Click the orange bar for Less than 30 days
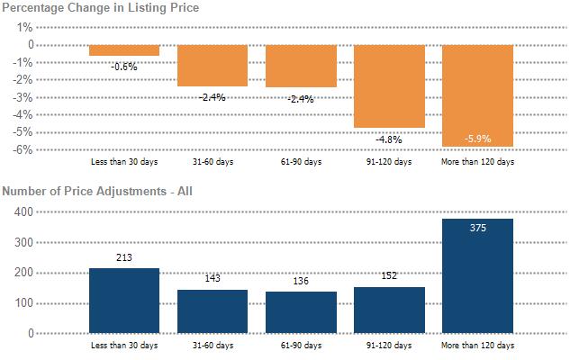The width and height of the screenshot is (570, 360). click(124, 50)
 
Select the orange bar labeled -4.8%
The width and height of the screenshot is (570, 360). click(389, 86)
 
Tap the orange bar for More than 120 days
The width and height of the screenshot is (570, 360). click(477, 95)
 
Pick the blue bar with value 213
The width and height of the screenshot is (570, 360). click(124, 301)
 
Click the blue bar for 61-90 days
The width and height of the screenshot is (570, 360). click(301, 312)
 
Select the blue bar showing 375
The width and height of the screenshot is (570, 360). click(477, 275)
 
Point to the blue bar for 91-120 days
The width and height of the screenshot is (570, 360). click(389, 310)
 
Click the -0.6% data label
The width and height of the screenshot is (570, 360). click(124, 67)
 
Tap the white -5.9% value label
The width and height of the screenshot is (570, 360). click(477, 139)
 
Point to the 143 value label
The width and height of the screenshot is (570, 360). click(213, 278)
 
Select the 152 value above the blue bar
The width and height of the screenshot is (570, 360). click(389, 275)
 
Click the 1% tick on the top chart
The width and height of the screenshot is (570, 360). click(24, 27)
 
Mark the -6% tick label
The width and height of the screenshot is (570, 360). click(23, 149)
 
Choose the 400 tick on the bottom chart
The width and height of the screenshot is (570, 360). click(23, 211)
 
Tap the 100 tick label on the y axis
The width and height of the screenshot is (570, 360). click(23, 303)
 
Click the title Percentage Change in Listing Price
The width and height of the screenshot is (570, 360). click(101, 7)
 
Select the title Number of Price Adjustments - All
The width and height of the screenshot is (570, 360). click(97, 191)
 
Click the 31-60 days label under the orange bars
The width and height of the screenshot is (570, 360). click(213, 162)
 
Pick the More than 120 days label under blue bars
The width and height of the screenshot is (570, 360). click(477, 345)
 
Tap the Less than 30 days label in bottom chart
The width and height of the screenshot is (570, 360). click(124, 345)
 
